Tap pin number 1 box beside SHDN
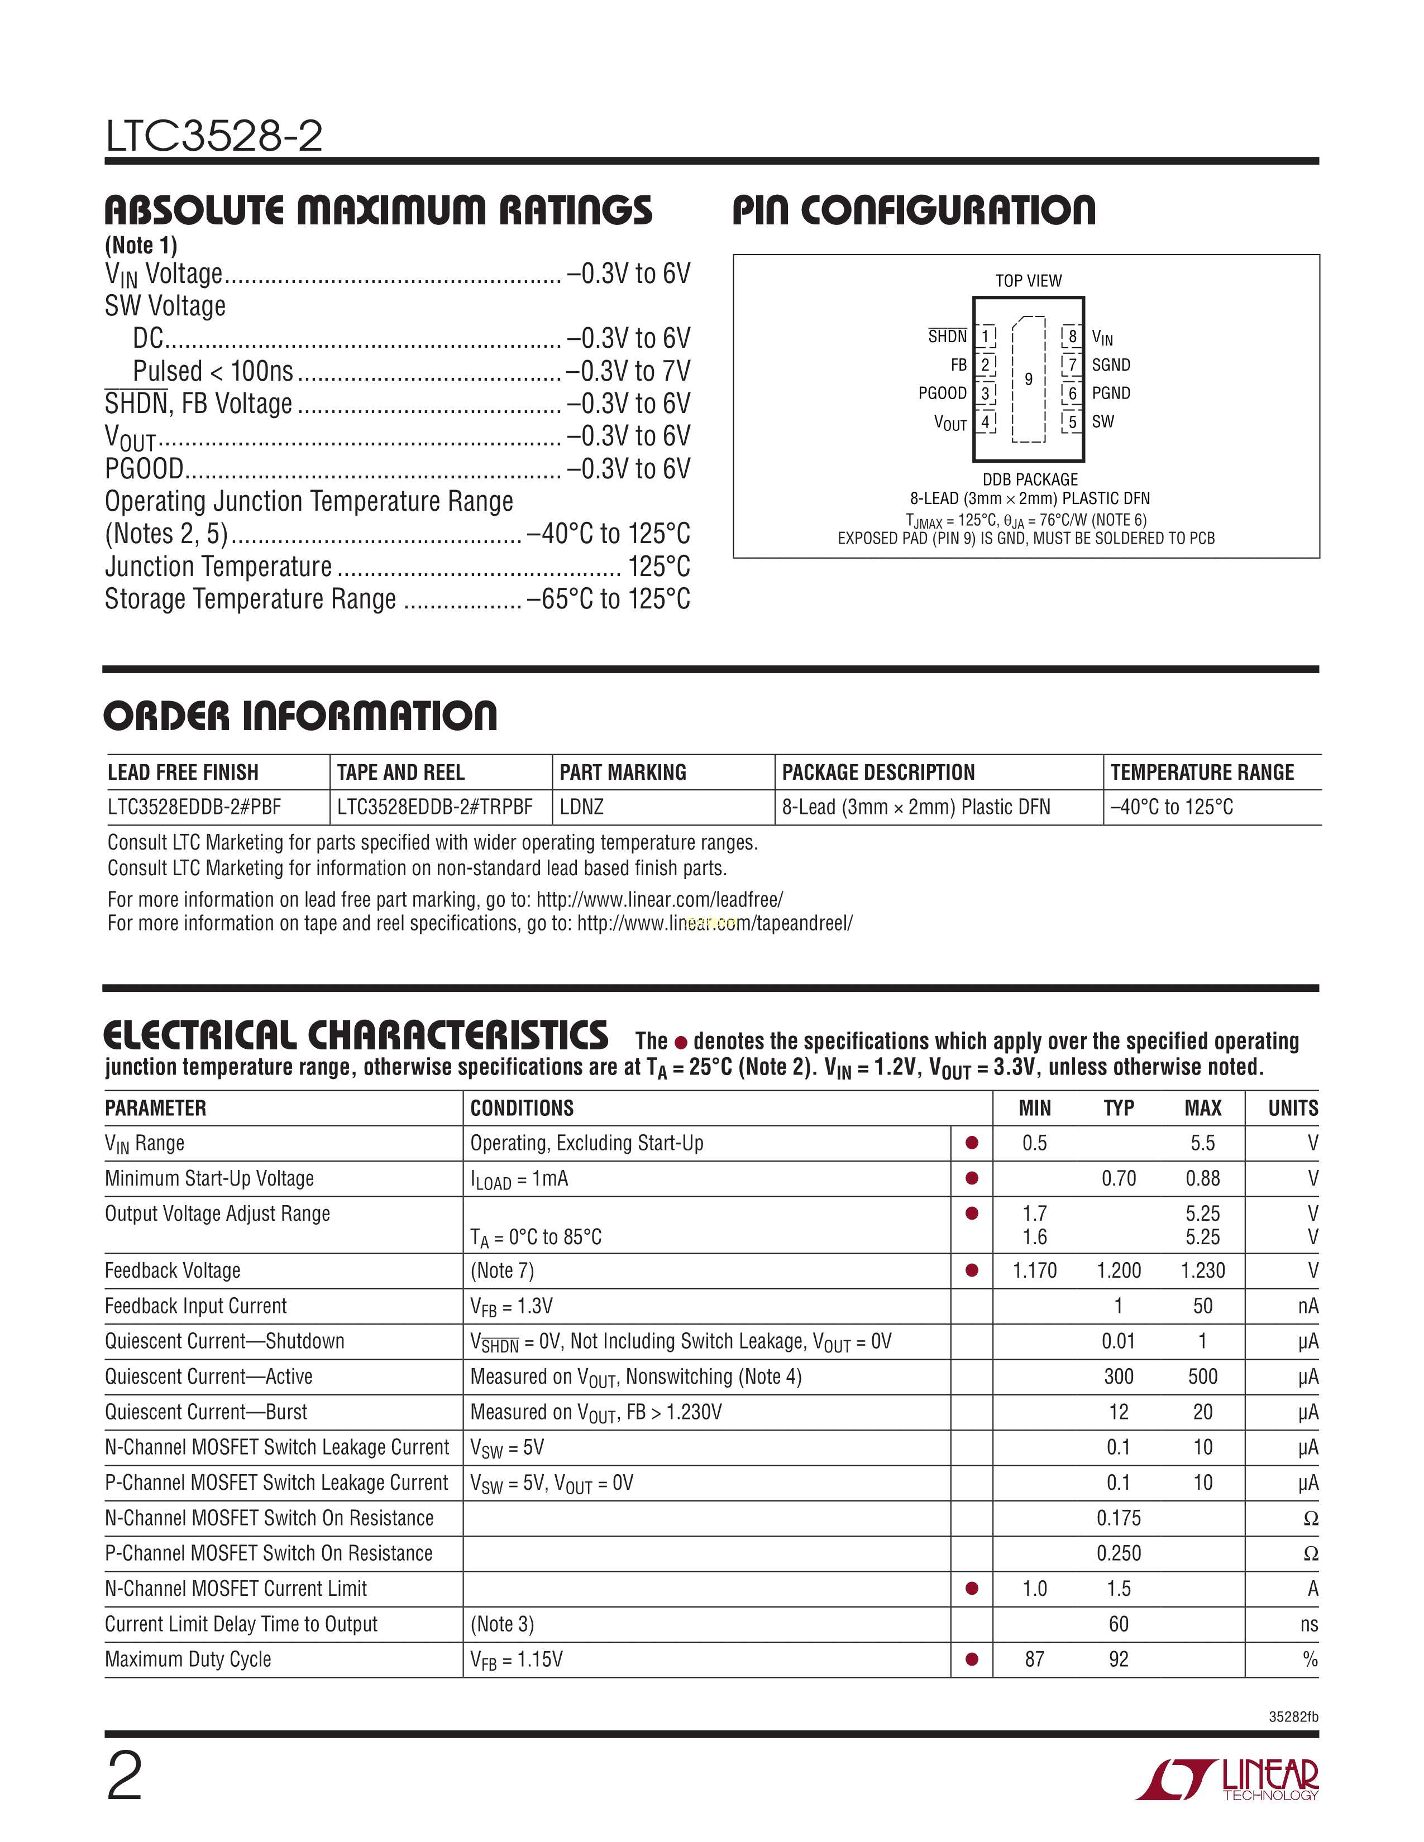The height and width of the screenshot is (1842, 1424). pyautogui.click(x=985, y=337)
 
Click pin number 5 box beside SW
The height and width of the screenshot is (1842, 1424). pyautogui.click(x=1072, y=421)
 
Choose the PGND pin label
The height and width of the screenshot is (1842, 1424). pyautogui.click(x=1110, y=393)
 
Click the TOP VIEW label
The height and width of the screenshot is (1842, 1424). pyautogui.click(x=1028, y=281)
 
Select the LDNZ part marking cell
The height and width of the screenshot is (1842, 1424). pyautogui.click(x=582, y=807)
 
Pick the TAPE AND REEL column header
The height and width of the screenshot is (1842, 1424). pyautogui.click(x=401, y=773)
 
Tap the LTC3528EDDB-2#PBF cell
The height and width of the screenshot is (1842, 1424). pyautogui.click(x=194, y=807)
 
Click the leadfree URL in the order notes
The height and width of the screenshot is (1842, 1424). pyautogui.click(x=660, y=899)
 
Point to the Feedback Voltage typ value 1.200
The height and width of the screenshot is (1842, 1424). pyautogui.click(x=1119, y=1270)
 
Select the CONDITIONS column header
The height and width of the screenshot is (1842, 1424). pyautogui.click(x=522, y=1108)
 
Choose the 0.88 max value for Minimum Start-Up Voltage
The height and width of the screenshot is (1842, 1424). pyautogui.click(x=1202, y=1178)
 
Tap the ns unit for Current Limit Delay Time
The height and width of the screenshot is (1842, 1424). pyautogui.click(x=1308, y=1624)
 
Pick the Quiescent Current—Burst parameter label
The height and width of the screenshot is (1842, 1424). pyautogui.click(x=206, y=1412)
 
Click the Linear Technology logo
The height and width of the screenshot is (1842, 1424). pyautogui.click(x=1227, y=1779)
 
